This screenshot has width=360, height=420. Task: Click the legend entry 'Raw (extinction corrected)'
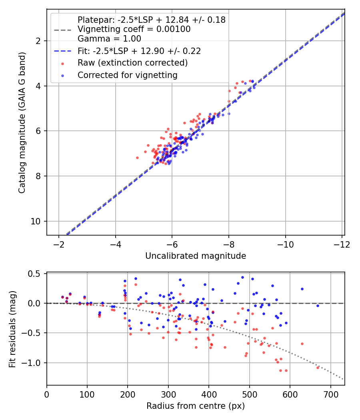pyautogui.click(x=132, y=63)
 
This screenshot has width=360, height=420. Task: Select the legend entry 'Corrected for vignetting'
pyautogui.click(x=127, y=75)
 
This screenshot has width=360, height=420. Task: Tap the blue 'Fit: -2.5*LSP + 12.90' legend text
pyautogui.click(x=139, y=51)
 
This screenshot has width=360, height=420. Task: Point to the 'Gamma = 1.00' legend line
pyautogui.click(x=109, y=39)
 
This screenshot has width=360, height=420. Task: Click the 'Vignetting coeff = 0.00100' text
pyautogui.click(x=134, y=29)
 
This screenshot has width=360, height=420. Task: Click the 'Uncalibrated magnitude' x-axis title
pyautogui.click(x=195, y=256)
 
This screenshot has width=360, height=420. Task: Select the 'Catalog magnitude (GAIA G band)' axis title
pyautogui.click(x=22, y=122)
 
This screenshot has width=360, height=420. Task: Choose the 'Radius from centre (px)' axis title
pyautogui.click(x=195, y=406)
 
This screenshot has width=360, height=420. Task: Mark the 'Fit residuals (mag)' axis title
pyautogui.click(x=12, y=328)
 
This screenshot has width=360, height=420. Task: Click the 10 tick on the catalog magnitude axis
pyautogui.click(x=38, y=221)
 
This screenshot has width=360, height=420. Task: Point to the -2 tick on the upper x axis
pyautogui.click(x=59, y=244)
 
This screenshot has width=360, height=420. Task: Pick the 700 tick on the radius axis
pyautogui.click(x=330, y=394)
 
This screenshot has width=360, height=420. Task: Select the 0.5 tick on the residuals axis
pyautogui.click(x=37, y=274)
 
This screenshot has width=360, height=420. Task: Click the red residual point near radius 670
pyautogui.click(x=318, y=367)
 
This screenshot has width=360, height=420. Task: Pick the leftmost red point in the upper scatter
pyautogui.click(x=137, y=158)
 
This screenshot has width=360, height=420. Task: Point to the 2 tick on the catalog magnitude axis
pyautogui.click(x=40, y=41)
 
